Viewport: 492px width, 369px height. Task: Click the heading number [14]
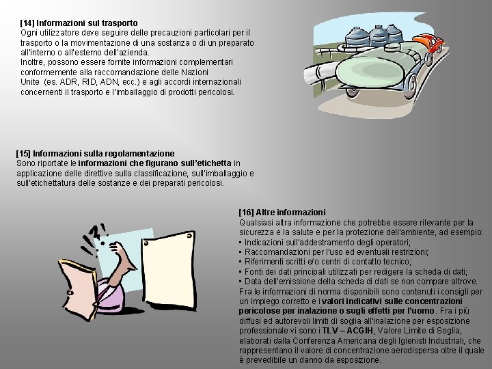[27, 23]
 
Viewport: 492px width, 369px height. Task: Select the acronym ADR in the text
[69, 82]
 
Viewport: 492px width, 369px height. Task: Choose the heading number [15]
[23, 154]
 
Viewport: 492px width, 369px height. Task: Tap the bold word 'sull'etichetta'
[206, 163]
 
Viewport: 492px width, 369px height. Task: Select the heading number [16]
[246, 213]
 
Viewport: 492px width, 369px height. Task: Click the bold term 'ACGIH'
[360, 331]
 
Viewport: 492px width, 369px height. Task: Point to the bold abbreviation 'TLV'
[329, 331]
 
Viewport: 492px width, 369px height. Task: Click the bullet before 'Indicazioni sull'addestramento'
[241, 242]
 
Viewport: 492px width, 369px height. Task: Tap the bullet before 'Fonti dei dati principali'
[241, 272]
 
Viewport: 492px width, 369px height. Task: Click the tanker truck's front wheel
[410, 87]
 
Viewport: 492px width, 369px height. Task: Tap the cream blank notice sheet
[169, 271]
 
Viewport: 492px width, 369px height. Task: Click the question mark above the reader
[94, 232]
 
